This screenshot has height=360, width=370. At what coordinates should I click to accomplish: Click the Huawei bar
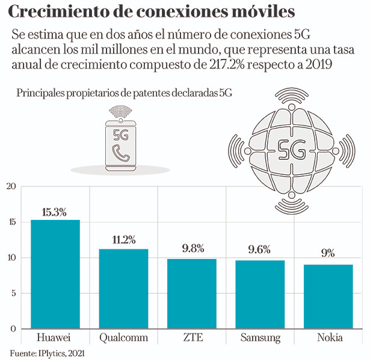[x=55, y=274]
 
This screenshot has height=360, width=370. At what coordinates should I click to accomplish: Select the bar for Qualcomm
[x=123, y=288]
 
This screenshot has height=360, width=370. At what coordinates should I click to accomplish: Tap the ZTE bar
[x=191, y=294]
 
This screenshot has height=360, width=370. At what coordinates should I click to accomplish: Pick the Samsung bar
[x=259, y=294]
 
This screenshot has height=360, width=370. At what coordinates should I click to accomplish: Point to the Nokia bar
[x=328, y=296]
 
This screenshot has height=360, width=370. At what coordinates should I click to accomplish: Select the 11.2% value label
[x=123, y=240]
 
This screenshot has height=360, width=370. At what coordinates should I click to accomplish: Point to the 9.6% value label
[x=259, y=250]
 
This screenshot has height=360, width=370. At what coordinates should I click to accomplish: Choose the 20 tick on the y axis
[x=10, y=186]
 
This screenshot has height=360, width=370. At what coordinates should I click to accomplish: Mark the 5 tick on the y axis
[x=13, y=293]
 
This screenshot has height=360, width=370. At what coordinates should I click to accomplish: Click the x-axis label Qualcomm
[x=123, y=338]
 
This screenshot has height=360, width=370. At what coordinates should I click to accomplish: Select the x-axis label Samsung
[x=260, y=338]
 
